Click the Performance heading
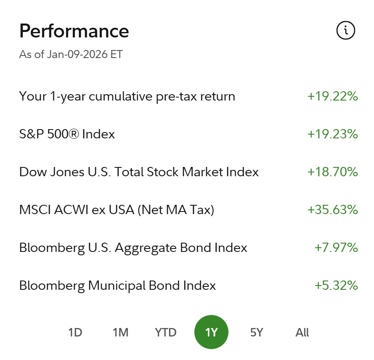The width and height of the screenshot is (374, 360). point(74,31)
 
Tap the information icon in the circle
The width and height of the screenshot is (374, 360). point(346,30)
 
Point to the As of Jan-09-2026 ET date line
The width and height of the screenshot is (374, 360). point(71,55)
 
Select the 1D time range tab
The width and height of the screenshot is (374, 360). point(75,333)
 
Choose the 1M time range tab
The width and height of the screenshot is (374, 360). point(120,333)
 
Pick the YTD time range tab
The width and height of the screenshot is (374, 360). point(166,333)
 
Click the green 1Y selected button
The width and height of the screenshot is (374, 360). point(211,333)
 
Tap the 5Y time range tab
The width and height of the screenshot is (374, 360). point(257,333)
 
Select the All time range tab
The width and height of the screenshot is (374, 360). point(302,333)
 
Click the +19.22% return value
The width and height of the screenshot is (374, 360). point(332,96)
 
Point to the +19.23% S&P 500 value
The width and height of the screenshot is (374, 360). point(332,134)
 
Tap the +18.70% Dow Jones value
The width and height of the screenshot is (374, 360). point(332,172)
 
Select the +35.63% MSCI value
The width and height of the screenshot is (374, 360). point(332,210)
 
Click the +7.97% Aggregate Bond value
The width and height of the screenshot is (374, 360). point(336,248)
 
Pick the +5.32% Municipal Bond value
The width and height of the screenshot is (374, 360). point(336,286)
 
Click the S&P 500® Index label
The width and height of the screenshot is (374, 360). point(67,134)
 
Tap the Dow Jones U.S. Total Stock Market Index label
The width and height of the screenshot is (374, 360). point(139,172)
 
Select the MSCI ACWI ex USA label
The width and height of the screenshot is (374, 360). point(117,210)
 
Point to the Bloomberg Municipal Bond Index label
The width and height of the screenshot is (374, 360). point(117,286)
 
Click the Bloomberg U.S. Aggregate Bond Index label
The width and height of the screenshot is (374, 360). point(133,248)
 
